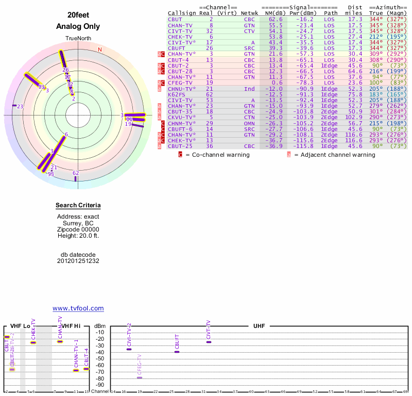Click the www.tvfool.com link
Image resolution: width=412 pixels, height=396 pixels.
tap(78, 308)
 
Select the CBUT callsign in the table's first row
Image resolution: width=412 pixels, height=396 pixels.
tap(175, 19)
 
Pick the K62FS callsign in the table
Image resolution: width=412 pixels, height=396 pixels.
tap(177, 94)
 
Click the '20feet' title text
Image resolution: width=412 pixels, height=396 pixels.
tap(78, 15)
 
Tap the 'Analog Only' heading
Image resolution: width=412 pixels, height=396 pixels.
tap(78, 26)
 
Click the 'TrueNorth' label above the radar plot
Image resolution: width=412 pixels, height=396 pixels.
tap(78, 39)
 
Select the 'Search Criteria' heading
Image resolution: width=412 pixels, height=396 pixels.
tap(78, 206)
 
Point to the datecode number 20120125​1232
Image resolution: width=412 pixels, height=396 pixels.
tap(78, 261)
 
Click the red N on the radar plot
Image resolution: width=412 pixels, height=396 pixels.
tap(100, 49)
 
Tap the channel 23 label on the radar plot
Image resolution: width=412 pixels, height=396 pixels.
tap(20, 106)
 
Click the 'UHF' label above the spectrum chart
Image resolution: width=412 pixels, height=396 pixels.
tap(259, 326)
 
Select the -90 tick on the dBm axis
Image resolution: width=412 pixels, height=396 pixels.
tap(99, 385)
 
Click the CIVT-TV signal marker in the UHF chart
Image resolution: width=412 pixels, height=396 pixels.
tap(209, 342)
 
